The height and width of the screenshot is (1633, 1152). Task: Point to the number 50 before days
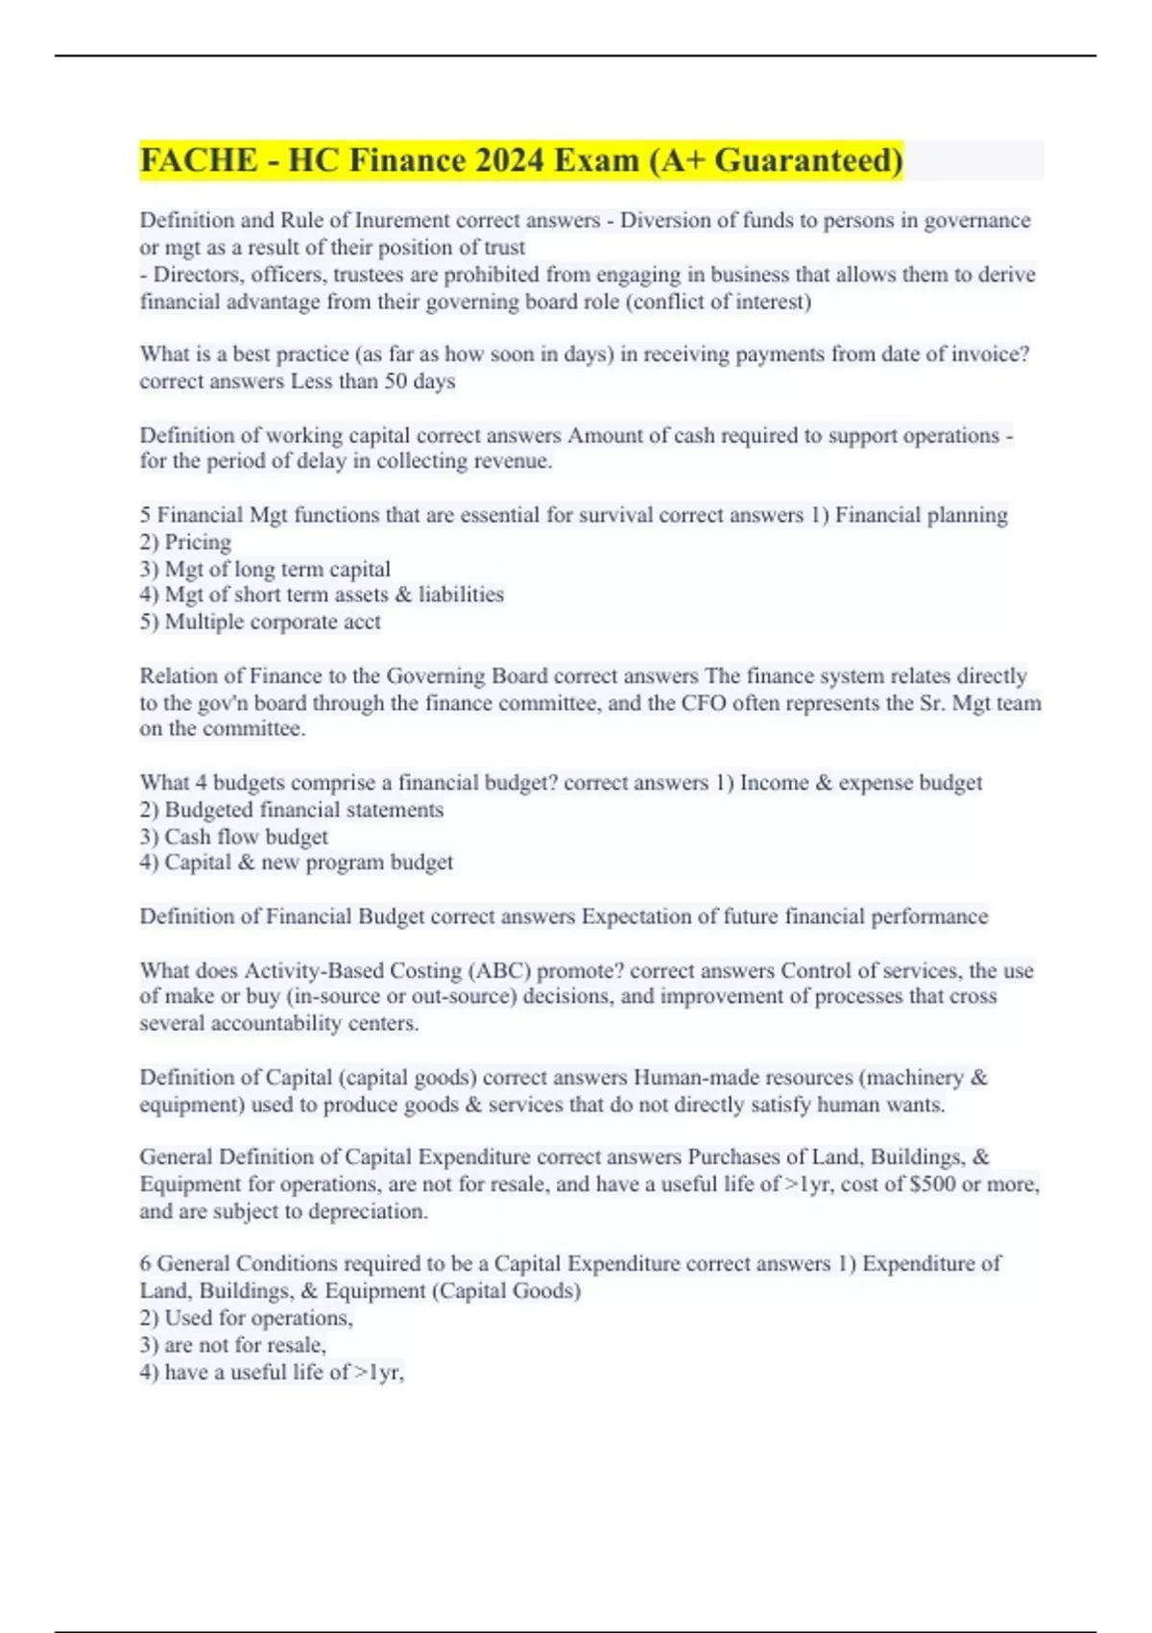396,381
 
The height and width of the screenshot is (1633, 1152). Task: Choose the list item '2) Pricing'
185,542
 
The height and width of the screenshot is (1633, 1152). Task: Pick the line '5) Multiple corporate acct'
260,622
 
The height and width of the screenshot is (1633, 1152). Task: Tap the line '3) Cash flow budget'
233,837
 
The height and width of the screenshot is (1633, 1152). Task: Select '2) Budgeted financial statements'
291,810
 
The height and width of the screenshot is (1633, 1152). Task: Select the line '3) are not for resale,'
232,1345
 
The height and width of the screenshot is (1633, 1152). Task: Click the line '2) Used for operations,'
246,1318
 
